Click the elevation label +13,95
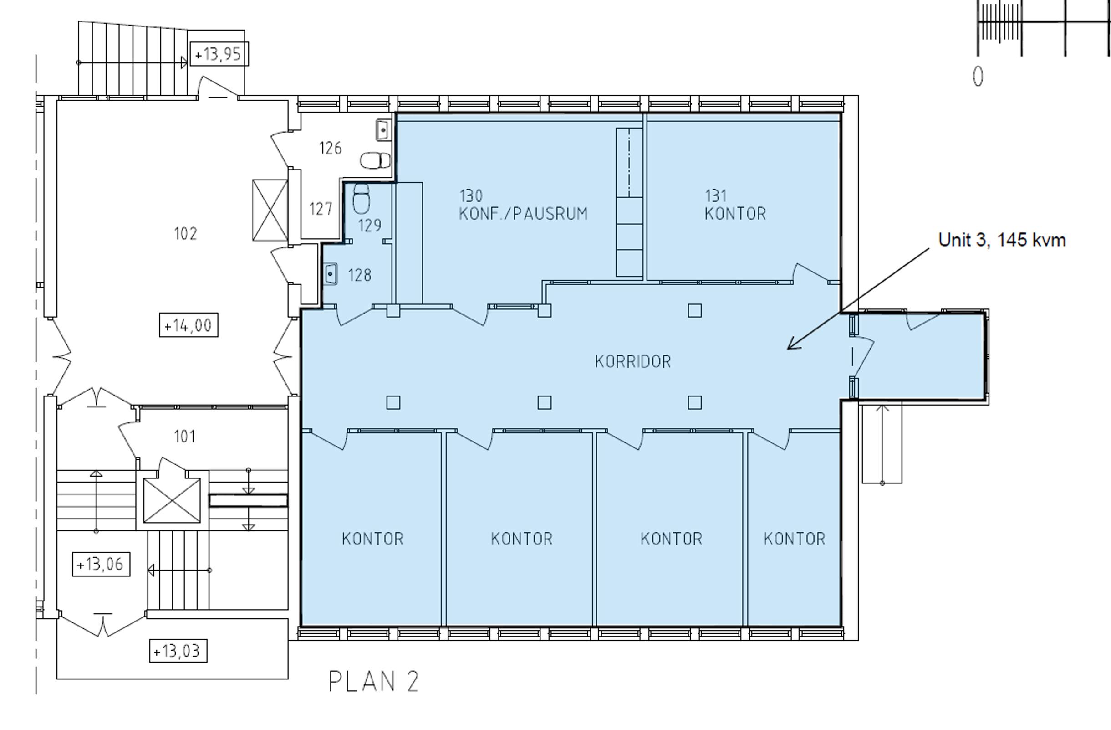tap(219, 54)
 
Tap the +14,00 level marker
tap(189, 325)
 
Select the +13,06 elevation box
tap(101, 564)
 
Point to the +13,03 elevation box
tap(178, 651)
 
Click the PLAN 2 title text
tap(374, 682)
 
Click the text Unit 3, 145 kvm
tap(1002, 240)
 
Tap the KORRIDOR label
tap(632, 361)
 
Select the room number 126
tap(330, 148)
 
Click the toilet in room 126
tap(375, 161)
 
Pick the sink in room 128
tap(330, 274)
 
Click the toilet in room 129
tap(361, 198)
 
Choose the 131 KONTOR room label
tap(735, 205)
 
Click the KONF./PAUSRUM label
tap(523, 214)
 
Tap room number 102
tap(185, 233)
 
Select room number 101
tap(184, 437)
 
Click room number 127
tap(321, 209)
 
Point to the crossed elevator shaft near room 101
tap(172, 501)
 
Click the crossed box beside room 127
tap(270, 210)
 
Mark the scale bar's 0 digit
tap(978, 77)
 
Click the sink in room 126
tap(383, 129)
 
